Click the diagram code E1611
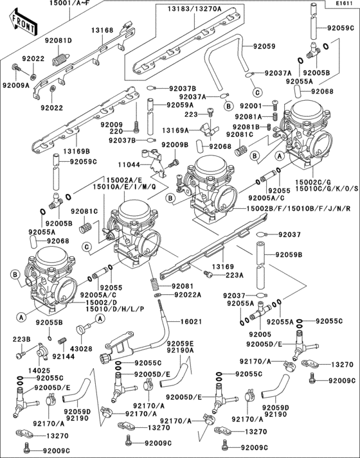tap(345, 4)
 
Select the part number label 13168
tap(102, 30)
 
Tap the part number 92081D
tap(59, 40)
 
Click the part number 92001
tap(251, 106)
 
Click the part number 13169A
tap(175, 130)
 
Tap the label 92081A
tap(251, 117)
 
